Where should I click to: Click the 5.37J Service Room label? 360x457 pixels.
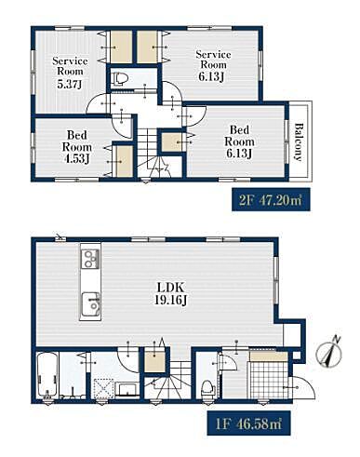pyautogui.click(x=70, y=73)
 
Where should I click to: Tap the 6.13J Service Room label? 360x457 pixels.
pyautogui.click(x=213, y=66)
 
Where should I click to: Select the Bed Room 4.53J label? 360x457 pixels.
pyautogui.click(x=77, y=147)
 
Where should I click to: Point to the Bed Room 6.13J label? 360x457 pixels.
pyautogui.click(x=239, y=141)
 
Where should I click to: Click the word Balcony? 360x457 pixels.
pyautogui.click(x=298, y=142)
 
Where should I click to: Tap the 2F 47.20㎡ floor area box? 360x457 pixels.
pyautogui.click(x=271, y=199)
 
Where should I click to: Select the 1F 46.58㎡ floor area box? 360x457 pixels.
pyautogui.click(x=248, y=423)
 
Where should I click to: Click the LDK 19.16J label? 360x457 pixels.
pyautogui.click(x=170, y=293)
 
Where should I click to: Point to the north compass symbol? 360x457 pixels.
pyautogui.click(x=330, y=352)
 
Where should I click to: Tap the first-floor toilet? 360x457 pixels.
pyautogui.click(x=207, y=388)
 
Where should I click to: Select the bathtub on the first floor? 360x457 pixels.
pyautogui.click(x=47, y=375)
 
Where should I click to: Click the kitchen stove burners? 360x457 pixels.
pyautogui.click(x=90, y=259)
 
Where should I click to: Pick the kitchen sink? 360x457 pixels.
pyautogui.click(x=90, y=304)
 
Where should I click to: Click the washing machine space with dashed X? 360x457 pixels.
pyautogui.click(x=103, y=387)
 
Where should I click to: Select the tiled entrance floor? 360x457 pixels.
pyautogui.click(x=269, y=380)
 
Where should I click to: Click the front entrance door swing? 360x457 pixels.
pyautogui.click(x=301, y=387)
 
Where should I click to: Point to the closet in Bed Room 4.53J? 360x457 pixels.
pyautogui.click(x=124, y=161)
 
